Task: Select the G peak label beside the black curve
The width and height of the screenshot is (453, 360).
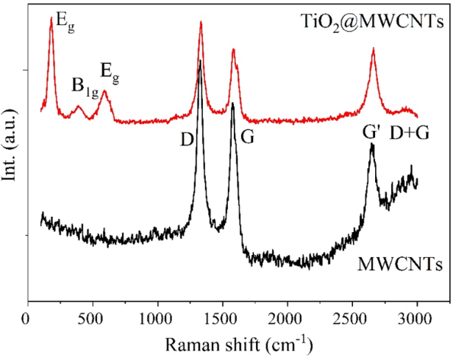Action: click(x=247, y=137)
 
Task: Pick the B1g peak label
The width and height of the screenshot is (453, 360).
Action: click(x=84, y=87)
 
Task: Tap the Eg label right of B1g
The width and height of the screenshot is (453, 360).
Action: click(x=109, y=72)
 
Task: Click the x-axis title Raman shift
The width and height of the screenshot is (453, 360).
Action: click(x=240, y=344)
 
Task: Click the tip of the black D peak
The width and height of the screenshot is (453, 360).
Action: click(x=200, y=61)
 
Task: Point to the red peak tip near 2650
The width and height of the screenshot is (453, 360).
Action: click(x=373, y=48)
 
